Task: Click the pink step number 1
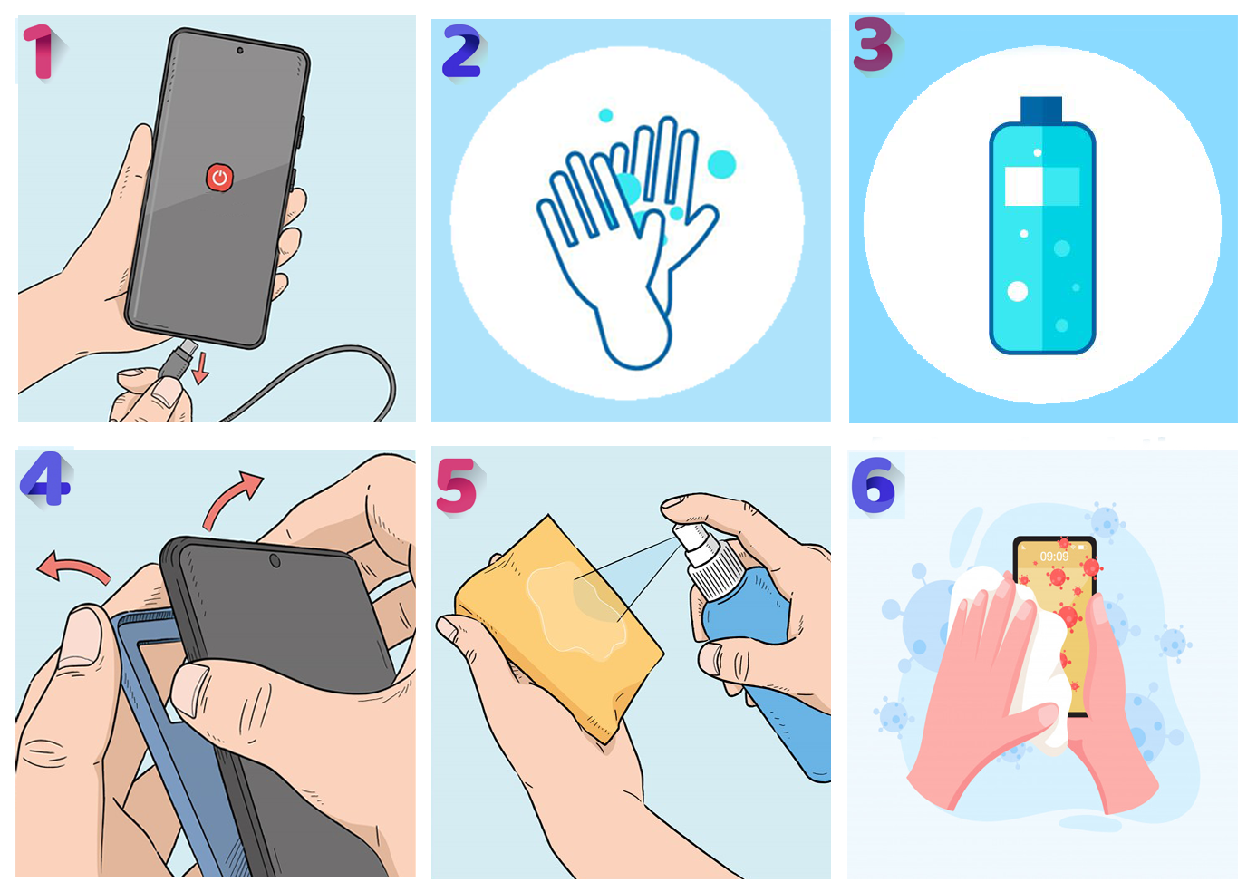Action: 40,52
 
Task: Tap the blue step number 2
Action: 461,52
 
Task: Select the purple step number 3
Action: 873,44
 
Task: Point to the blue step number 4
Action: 45,478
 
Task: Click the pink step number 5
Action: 457,486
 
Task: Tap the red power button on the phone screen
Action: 220,179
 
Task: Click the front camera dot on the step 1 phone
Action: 240,51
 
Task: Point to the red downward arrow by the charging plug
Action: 200,368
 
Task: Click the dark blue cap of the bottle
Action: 1041,110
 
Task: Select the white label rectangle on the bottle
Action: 1024,186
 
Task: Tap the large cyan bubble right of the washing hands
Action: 721,164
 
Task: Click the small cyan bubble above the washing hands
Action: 605,116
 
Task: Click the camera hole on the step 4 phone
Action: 275,561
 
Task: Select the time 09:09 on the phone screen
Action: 1054,557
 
